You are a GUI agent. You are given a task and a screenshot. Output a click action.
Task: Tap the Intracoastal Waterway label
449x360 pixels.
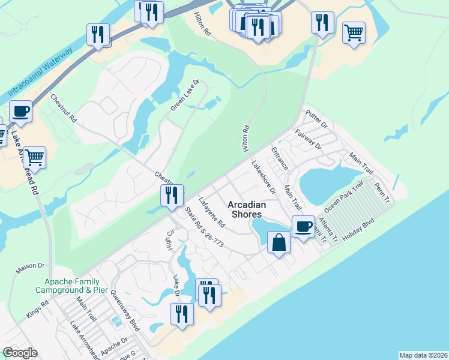[40, 71]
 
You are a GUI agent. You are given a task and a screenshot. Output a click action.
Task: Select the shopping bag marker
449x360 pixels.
[279, 242]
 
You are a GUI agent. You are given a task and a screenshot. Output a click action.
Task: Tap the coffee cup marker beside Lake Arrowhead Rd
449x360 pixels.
[21, 111]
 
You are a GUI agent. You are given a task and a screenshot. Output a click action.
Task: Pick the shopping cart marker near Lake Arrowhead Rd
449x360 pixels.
[35, 158]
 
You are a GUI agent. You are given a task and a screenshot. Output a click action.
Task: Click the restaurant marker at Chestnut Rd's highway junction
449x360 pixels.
[172, 195]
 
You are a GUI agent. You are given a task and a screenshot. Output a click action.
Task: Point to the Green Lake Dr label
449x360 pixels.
[184, 95]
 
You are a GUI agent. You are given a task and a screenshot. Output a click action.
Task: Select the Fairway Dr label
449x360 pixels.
[309, 138]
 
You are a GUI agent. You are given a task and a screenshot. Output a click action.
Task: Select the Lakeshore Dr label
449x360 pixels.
[263, 178]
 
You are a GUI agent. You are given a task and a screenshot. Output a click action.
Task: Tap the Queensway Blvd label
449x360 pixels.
[125, 316]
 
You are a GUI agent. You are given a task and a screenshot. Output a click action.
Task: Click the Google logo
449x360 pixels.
[20, 353]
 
